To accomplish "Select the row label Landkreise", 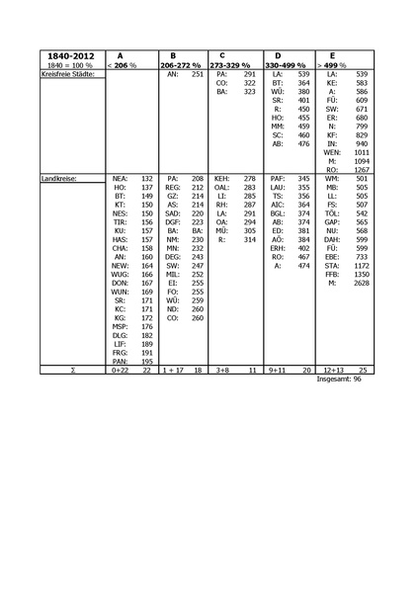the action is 59,177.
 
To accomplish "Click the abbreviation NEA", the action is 120,177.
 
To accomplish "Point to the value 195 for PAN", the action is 146,362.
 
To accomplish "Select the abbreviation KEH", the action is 222,177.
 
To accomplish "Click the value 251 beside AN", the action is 197,74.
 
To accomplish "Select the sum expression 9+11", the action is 279,370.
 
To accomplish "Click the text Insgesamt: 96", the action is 340,380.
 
